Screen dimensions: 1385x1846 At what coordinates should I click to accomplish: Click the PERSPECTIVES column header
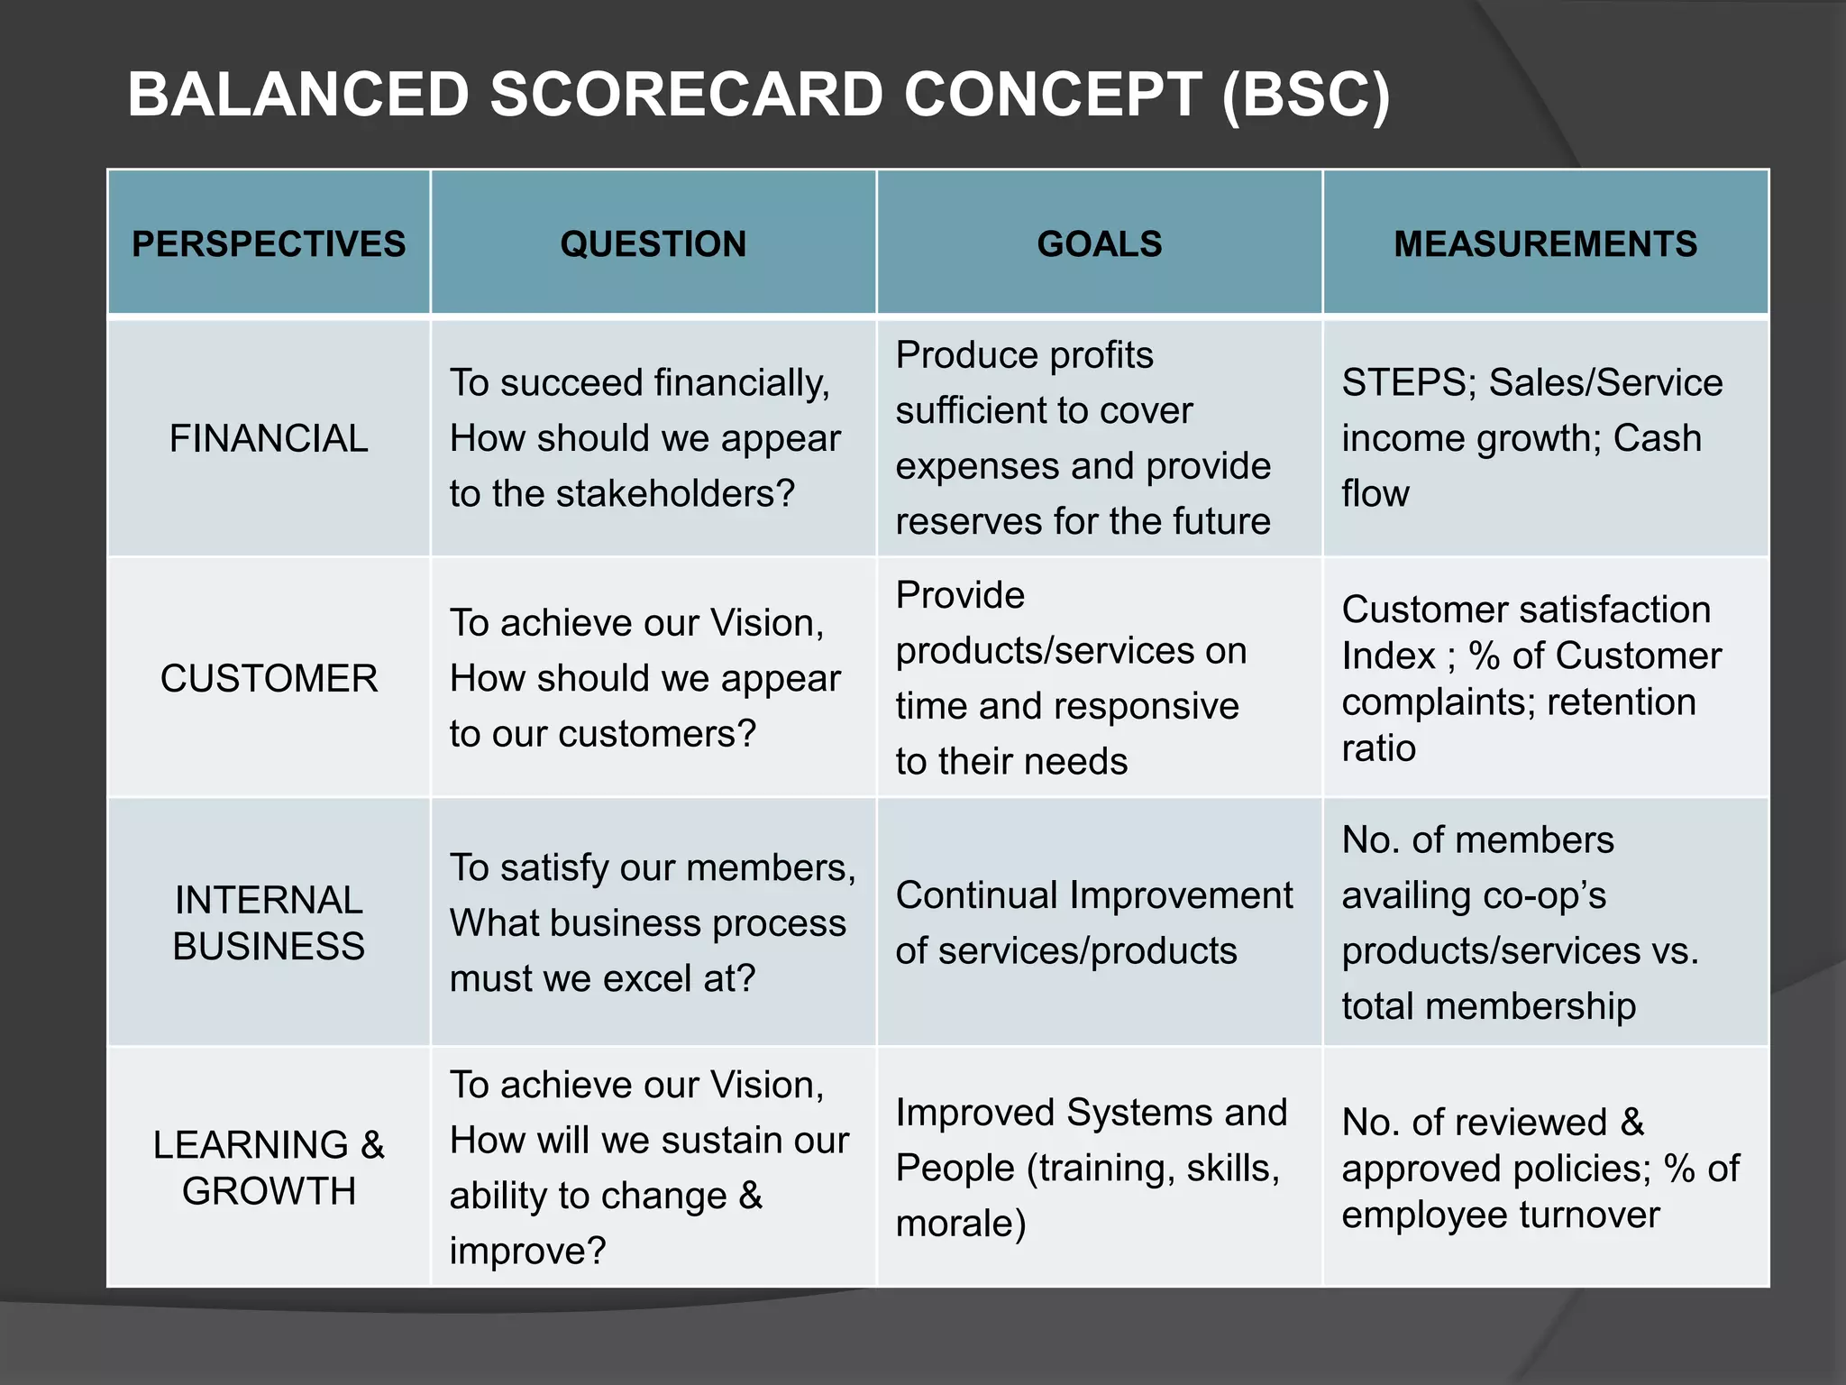click(x=269, y=244)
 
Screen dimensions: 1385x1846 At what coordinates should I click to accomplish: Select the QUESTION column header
click(x=653, y=244)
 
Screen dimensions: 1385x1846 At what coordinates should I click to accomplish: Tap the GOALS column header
click(x=1099, y=244)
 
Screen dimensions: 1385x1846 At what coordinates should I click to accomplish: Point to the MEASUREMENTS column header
click(x=1545, y=244)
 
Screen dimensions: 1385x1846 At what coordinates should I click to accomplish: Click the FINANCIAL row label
click(x=269, y=439)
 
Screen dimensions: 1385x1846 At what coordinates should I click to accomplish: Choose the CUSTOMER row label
click(x=269, y=679)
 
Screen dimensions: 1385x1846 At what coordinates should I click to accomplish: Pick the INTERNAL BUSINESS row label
click(x=269, y=922)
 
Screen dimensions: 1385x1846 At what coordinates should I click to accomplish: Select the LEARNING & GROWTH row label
click(x=269, y=1168)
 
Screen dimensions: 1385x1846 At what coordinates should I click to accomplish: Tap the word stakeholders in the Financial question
click(x=675, y=494)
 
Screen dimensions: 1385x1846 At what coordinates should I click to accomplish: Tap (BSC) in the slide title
click(x=1306, y=95)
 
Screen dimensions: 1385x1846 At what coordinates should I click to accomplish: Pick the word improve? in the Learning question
click(x=527, y=1252)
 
